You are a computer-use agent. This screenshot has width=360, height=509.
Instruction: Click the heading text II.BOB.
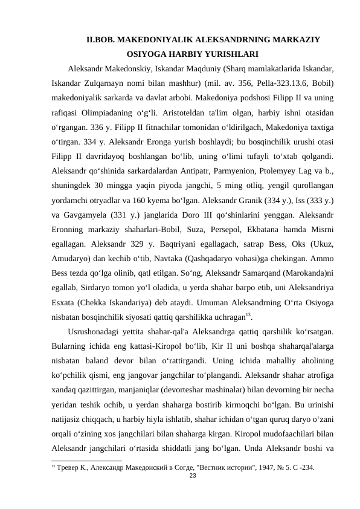(100, 41)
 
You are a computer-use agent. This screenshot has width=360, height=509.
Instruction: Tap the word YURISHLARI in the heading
(233, 54)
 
